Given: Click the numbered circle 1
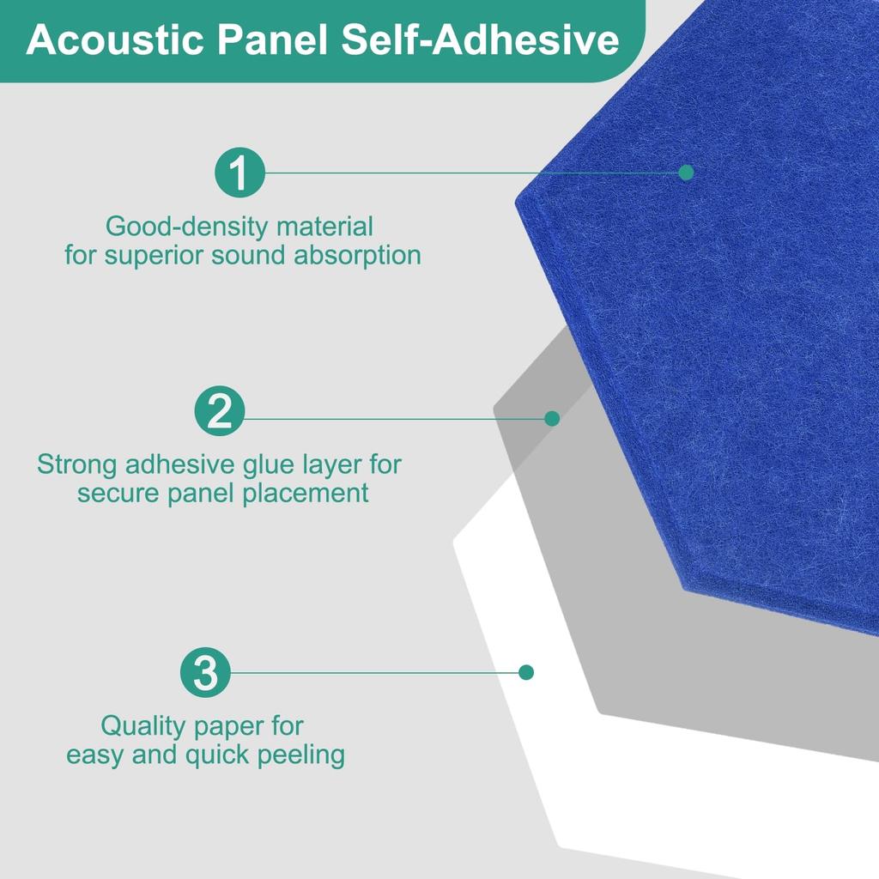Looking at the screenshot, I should (239, 173).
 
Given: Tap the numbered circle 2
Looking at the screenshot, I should (221, 412).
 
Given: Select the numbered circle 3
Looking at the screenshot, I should (206, 673).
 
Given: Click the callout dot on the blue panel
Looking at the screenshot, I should (686, 173).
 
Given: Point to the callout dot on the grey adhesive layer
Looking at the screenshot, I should (552, 419).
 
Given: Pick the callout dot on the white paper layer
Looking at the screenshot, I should (526, 672).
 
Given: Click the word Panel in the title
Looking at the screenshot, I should (266, 40).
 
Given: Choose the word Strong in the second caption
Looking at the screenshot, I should (77, 464).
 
